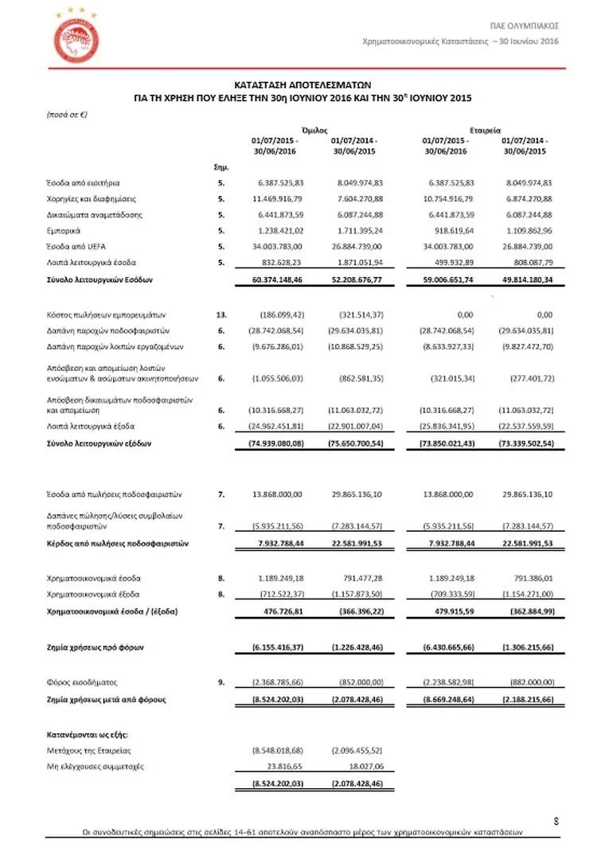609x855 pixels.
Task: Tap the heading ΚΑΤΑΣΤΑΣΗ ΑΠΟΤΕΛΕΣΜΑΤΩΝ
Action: click(x=303, y=83)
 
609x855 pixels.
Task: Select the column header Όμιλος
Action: click(x=316, y=130)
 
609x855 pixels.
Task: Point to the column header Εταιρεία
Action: click(x=485, y=130)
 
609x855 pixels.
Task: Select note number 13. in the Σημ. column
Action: click(x=221, y=314)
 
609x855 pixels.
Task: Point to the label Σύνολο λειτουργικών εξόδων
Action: click(x=99, y=443)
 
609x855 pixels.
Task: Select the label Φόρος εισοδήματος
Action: click(x=81, y=682)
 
